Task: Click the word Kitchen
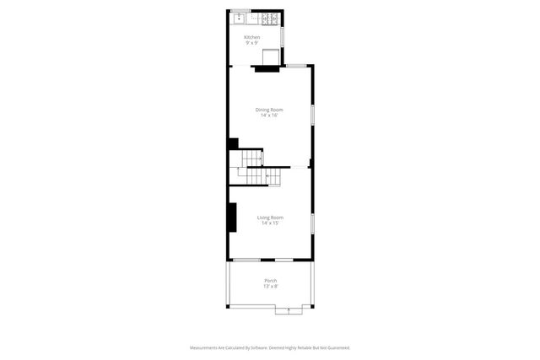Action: (x=252, y=37)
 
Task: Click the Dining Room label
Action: (x=270, y=110)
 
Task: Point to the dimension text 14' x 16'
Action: (x=270, y=116)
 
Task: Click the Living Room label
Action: (x=270, y=218)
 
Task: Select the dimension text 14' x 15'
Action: (x=270, y=223)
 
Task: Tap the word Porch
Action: (x=270, y=280)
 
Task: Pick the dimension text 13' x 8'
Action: (x=270, y=286)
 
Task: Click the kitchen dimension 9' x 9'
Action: (x=252, y=43)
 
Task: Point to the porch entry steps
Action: (x=289, y=310)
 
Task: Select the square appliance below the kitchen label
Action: (x=271, y=56)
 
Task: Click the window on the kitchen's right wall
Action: (x=282, y=37)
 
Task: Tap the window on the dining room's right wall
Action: (x=312, y=115)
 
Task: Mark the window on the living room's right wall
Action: (x=312, y=223)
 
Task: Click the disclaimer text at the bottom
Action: (x=270, y=347)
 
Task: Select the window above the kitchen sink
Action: (x=240, y=10)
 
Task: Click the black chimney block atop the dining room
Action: (x=267, y=68)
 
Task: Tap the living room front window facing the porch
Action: (x=246, y=259)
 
